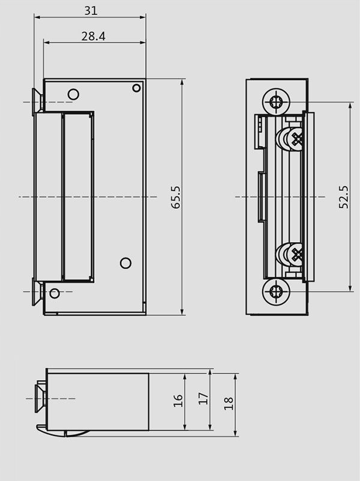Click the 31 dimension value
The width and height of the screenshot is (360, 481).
[91, 11]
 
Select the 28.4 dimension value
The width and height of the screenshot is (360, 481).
[93, 36]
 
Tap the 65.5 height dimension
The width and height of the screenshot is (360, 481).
[176, 197]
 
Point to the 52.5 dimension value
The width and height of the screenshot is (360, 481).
[343, 197]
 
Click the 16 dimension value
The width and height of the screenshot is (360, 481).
[178, 401]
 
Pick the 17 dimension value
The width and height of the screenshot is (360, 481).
[203, 399]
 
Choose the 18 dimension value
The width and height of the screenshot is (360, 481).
[229, 404]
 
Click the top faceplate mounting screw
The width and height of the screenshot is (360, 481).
[276, 102]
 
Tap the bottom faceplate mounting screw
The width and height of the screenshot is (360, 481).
[276, 291]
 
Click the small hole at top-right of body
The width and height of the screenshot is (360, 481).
[136, 88]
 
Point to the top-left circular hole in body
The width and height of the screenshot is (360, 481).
[73, 94]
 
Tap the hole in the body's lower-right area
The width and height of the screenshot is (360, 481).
[125, 263]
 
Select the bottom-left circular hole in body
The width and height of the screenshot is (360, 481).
[55, 293]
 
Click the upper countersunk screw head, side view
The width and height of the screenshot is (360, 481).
[37, 102]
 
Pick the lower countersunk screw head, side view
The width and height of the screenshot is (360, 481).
[37, 292]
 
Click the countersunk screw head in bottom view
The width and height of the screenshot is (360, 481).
[40, 399]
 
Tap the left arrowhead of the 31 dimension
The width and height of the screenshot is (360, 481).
[37, 17]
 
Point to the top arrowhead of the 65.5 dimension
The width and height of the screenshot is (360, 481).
[182, 82]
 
